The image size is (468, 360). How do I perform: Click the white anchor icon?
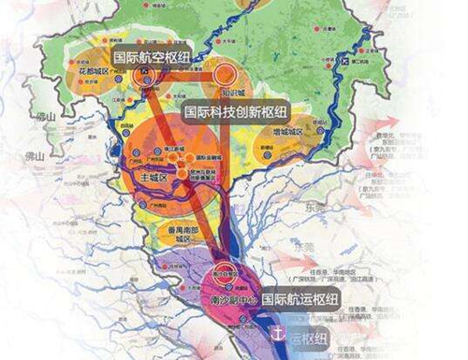277,328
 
